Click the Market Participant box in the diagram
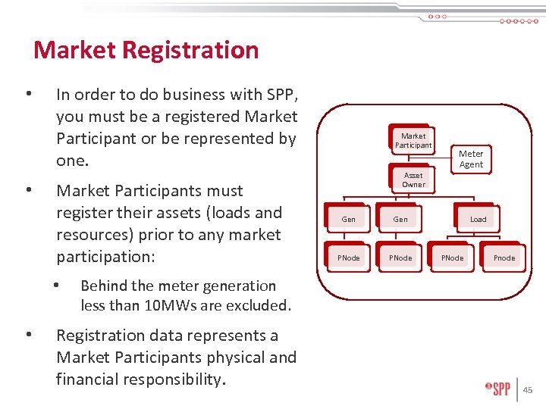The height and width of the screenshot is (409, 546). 413,141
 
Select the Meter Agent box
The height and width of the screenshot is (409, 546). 471,159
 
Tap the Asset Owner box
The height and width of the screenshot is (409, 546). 413,180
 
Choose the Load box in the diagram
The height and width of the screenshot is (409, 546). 479,220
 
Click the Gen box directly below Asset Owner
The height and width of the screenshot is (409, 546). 400,220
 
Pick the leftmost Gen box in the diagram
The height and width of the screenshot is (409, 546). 349,220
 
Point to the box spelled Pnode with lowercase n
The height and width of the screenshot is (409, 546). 504,258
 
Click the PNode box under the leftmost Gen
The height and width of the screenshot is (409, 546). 349,258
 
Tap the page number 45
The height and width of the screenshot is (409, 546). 528,390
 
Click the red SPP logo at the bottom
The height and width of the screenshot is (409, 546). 498,389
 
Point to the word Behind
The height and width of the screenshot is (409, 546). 103,286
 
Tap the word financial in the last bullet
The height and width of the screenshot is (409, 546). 99,379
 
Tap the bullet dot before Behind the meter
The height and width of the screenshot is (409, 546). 55,286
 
